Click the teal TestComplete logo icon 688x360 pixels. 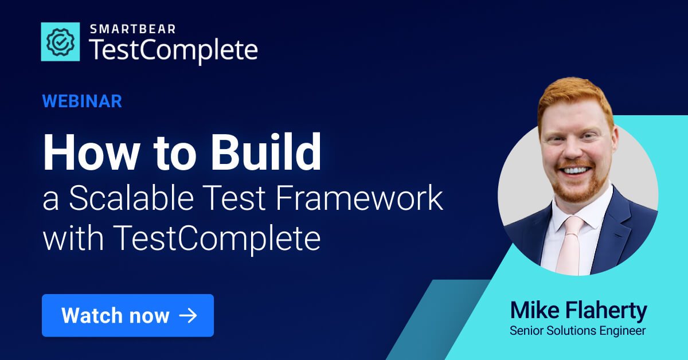click(x=60, y=42)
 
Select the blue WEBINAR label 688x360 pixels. click(x=82, y=101)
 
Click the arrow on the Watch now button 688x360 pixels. click(x=188, y=315)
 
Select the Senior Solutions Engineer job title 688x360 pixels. click(x=578, y=331)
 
